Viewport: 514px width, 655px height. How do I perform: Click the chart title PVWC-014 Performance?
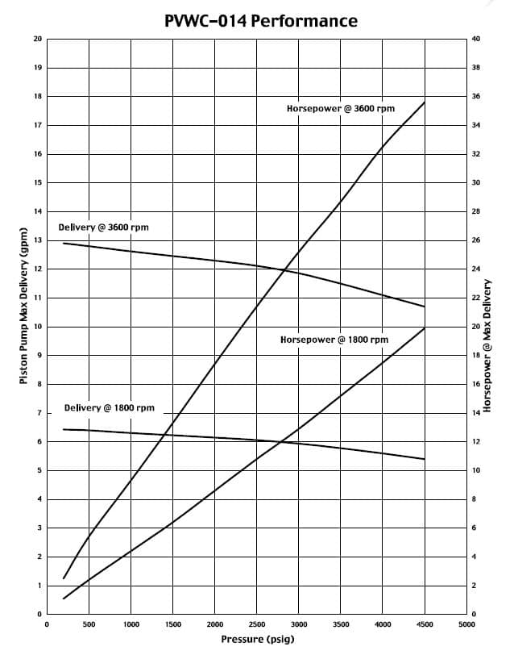[260, 21]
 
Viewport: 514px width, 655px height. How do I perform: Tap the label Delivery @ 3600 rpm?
[103, 227]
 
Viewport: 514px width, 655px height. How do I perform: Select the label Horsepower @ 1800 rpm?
[334, 340]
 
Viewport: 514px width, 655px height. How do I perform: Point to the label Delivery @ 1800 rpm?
[110, 408]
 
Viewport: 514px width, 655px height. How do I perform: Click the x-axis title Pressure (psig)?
[258, 640]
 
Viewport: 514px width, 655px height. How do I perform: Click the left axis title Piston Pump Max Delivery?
[23, 306]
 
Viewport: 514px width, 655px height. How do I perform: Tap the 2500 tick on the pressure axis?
[257, 624]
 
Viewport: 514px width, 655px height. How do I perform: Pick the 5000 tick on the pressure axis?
[466, 624]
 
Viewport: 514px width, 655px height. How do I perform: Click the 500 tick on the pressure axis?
[89, 624]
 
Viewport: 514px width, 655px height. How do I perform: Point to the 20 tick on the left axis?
[37, 39]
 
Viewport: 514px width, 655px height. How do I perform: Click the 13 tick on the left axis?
[37, 240]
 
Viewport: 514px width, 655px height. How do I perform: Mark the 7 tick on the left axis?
[37, 413]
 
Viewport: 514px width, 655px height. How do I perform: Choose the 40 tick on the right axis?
[475, 39]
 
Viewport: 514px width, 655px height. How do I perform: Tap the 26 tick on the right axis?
[475, 240]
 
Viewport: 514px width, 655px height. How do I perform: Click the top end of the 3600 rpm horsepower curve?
[425, 102]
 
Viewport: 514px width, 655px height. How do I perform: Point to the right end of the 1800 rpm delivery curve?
[425, 460]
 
